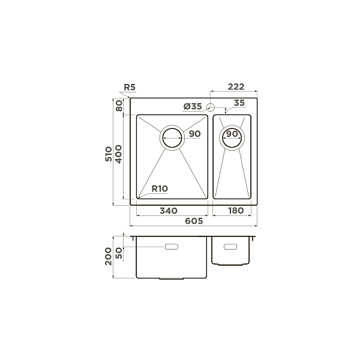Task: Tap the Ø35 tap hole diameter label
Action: click(193, 106)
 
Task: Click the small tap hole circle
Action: click(211, 107)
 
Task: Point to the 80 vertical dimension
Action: click(119, 106)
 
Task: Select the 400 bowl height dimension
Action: click(119, 157)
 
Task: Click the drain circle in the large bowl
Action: click(172, 137)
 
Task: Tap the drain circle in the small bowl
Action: click(232, 137)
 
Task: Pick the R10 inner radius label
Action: click(160, 188)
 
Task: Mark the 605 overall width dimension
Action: click(193, 221)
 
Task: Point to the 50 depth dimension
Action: click(119, 252)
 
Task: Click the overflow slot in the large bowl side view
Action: click(172, 247)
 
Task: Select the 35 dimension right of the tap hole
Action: click(239, 103)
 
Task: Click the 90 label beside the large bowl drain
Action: click(194, 134)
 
